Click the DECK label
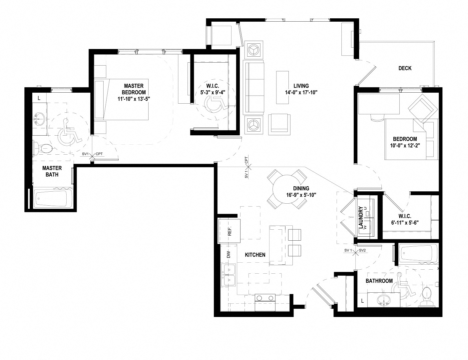(405, 68)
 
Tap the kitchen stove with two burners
(265, 299)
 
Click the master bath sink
(40, 119)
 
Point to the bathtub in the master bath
(54, 199)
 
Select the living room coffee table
(282, 87)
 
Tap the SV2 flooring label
(362, 250)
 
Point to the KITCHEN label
(255, 255)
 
